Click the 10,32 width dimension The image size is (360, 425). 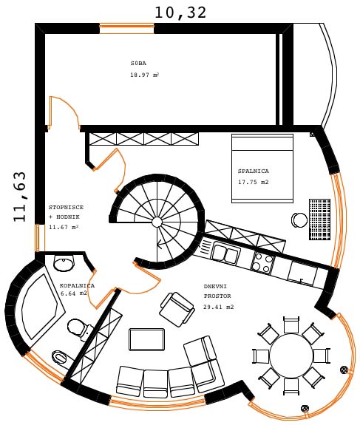coord(180,13)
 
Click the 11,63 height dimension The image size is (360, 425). coord(20,197)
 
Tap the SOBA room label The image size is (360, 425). coord(138,63)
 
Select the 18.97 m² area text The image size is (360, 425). coord(144,75)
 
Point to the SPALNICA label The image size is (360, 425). coord(254,171)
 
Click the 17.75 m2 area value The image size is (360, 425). coord(254,182)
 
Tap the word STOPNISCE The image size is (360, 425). coord(66,208)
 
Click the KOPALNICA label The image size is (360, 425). coord(78,286)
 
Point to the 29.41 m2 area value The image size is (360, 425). coord(219,307)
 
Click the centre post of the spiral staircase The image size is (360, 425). coord(157,222)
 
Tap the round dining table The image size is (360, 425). coord(291,356)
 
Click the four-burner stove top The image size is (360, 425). coord(262,262)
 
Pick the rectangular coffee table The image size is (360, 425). coord(146,339)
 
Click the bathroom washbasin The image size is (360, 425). coord(64,263)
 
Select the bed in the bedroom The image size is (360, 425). coord(262,169)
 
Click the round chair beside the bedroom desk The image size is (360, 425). coord(299,220)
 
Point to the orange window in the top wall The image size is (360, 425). coord(127,29)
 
